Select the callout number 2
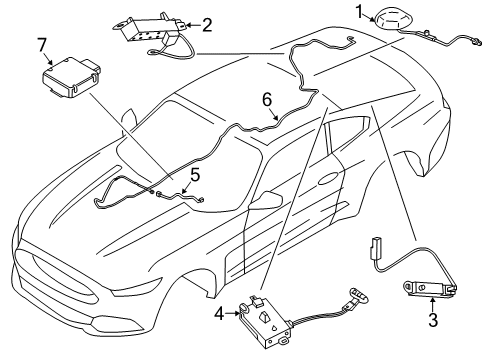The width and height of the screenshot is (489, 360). [207, 24]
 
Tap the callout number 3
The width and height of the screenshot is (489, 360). [433, 321]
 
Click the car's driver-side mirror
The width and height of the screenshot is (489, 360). [264, 203]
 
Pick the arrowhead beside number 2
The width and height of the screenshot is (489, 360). [193, 25]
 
